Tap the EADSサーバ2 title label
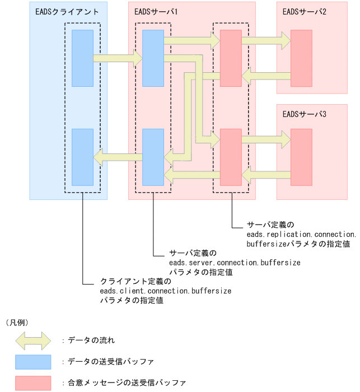coord(305,11)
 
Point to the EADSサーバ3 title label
coord(305,114)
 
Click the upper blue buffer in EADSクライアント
coord(82,58)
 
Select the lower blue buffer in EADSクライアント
coord(82,157)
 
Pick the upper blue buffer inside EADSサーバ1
coord(153,58)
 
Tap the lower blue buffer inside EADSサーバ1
coord(153,157)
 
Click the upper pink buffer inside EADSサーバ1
coord(231,58)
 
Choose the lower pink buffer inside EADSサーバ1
coord(231,157)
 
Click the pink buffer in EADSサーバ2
coord(301,58)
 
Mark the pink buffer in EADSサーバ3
coord(301,157)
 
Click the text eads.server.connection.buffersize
coord(235,262)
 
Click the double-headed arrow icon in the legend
coord(33,340)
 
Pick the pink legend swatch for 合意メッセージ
coord(33,382)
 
